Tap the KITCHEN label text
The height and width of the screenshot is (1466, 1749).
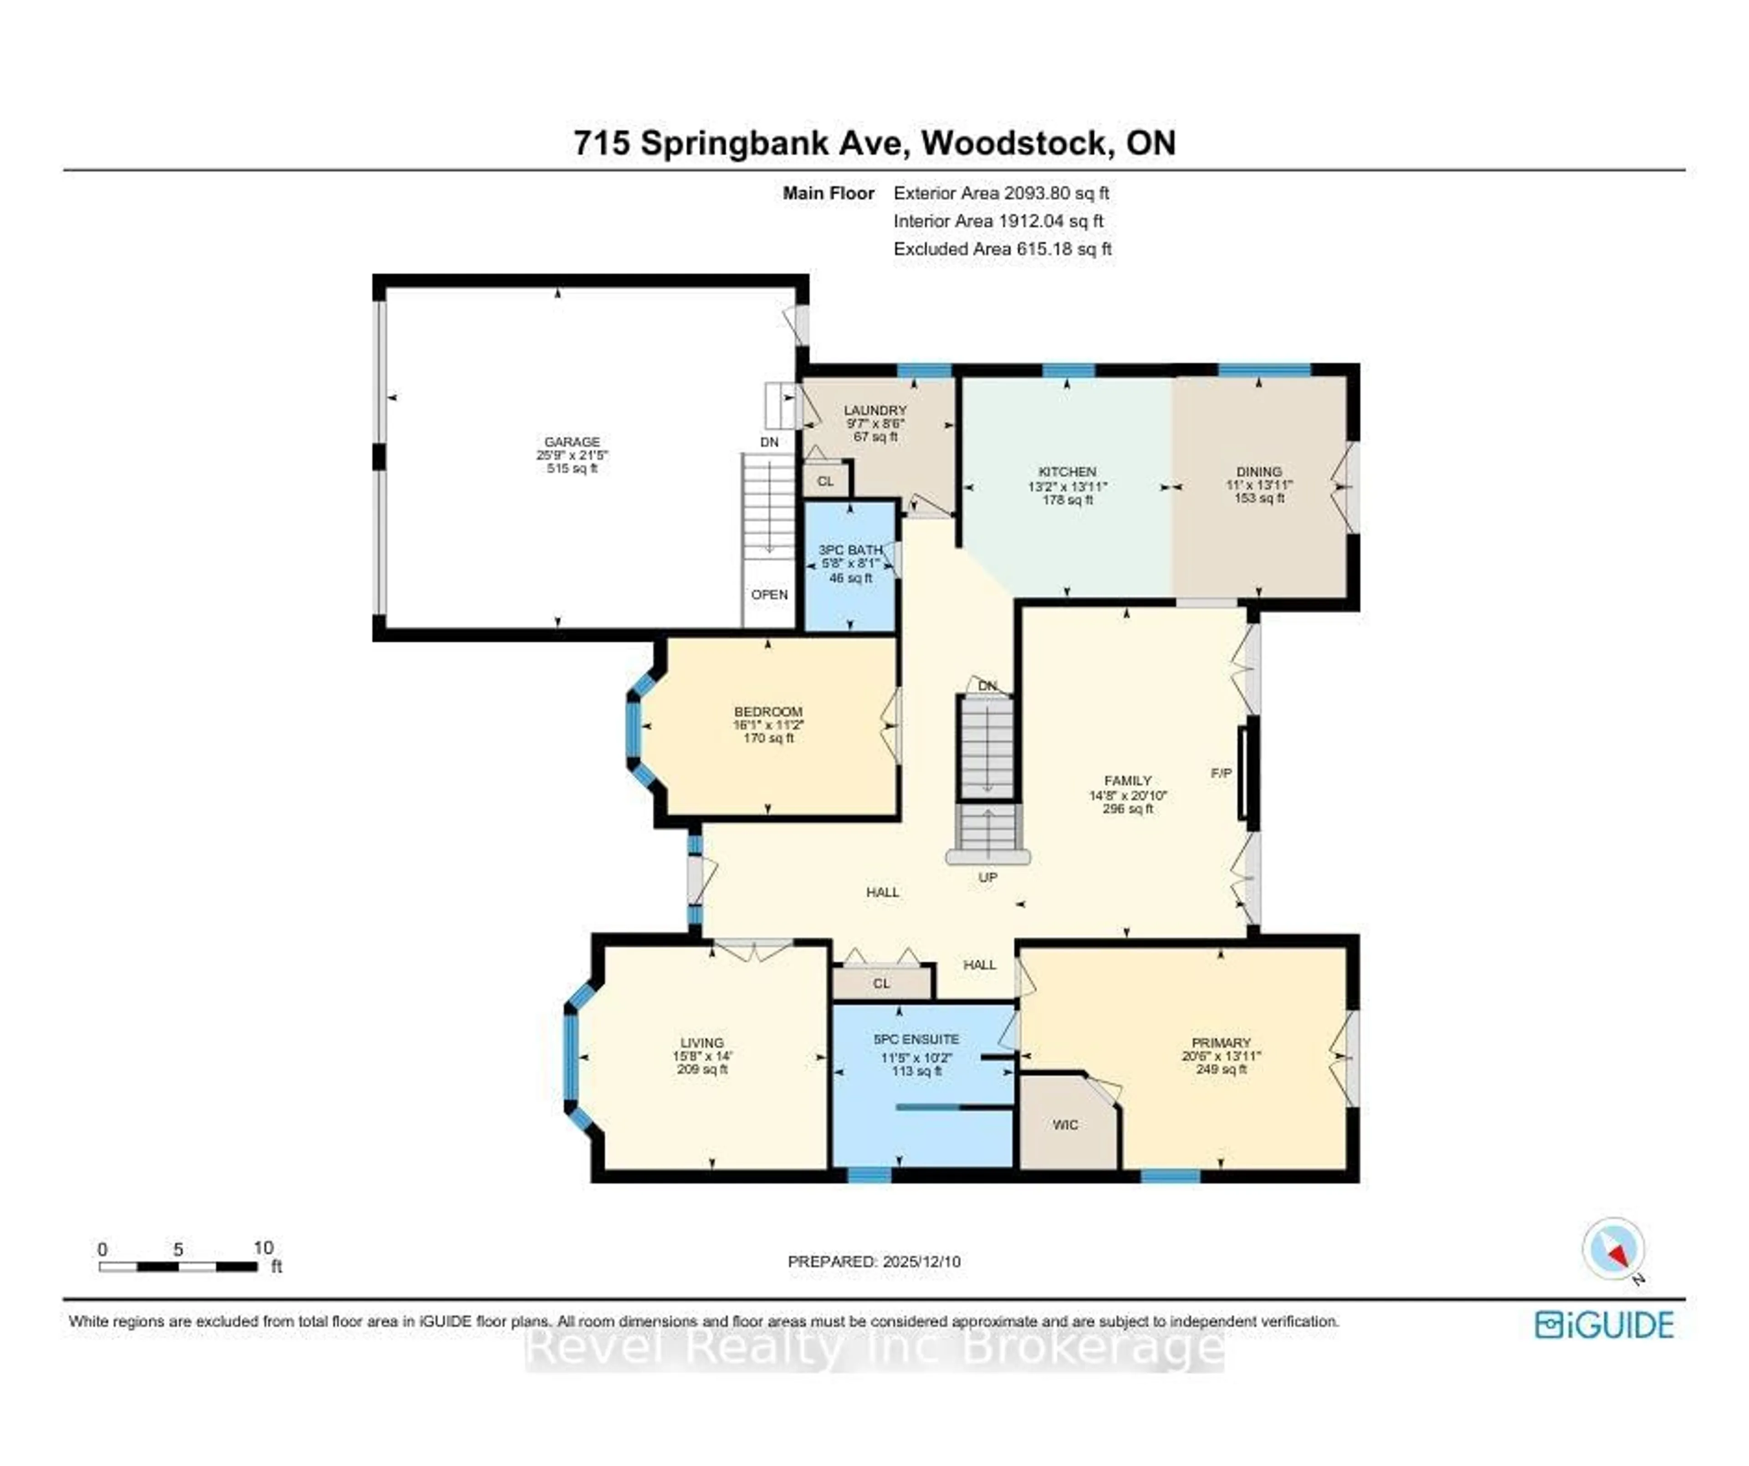point(1067,471)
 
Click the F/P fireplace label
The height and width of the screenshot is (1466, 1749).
point(1221,773)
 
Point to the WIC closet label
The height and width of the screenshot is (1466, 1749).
point(1065,1124)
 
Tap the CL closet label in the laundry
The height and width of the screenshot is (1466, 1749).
point(824,481)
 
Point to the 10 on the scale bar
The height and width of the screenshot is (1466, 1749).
point(263,1248)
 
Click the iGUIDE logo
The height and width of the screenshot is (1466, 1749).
point(1604,1325)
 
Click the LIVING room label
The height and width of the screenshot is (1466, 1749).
point(701,1042)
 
